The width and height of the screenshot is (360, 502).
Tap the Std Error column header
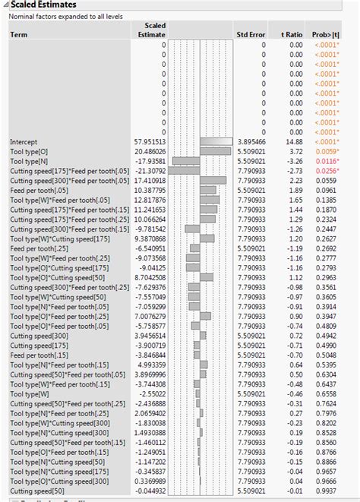250,34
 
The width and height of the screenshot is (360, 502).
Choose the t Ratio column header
292,34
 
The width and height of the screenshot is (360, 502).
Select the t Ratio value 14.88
292,142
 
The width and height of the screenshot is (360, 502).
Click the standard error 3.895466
250,142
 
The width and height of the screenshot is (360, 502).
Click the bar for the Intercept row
216,142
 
